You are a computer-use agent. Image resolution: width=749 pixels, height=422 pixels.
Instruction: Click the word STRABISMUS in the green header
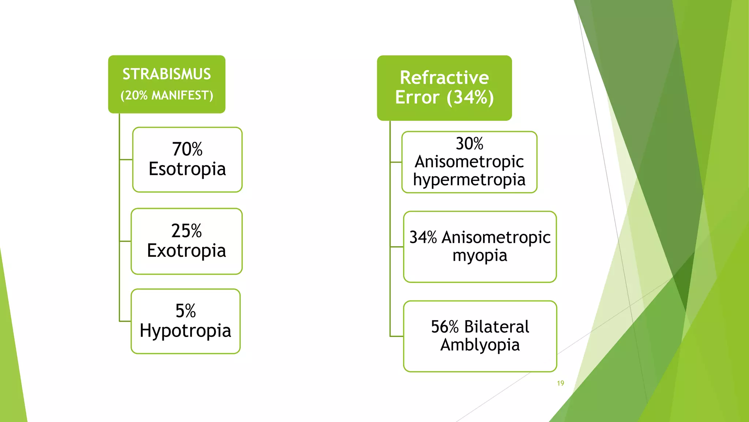[166, 74]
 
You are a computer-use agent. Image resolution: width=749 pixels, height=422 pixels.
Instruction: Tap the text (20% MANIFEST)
[166, 96]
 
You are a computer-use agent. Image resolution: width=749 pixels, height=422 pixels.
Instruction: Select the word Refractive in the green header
[444, 78]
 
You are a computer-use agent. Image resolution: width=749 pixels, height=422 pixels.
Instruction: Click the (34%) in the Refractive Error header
[470, 97]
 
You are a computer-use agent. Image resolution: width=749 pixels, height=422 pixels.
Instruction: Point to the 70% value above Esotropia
[187, 149]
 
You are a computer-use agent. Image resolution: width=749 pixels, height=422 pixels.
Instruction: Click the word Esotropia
[187, 169]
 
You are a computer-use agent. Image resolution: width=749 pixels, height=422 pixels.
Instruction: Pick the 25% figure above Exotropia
[187, 231]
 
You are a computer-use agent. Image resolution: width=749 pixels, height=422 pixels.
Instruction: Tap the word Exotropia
[187, 251]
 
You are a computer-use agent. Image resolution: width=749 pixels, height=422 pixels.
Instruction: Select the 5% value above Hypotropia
[185, 311]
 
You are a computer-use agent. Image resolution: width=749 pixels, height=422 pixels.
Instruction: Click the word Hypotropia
[185, 331]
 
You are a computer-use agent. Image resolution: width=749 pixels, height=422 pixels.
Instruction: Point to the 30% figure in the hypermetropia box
[469, 144]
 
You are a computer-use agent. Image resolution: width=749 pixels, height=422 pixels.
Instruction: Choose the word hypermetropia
[469, 180]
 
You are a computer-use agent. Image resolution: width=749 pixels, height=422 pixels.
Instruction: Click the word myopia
[480, 256]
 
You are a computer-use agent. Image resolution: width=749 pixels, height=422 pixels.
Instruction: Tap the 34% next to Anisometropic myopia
[423, 237]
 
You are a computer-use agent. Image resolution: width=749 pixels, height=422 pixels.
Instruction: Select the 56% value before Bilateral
[445, 327]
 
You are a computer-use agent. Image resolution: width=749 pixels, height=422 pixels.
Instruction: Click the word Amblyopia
[480, 345]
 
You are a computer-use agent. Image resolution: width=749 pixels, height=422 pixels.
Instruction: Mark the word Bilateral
[497, 327]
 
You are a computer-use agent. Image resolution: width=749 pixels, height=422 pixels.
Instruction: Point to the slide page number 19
[560, 383]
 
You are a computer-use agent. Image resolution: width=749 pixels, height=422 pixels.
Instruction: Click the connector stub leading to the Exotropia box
[125, 241]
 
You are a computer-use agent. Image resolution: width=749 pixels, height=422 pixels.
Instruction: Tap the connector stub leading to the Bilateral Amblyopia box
[397, 336]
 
